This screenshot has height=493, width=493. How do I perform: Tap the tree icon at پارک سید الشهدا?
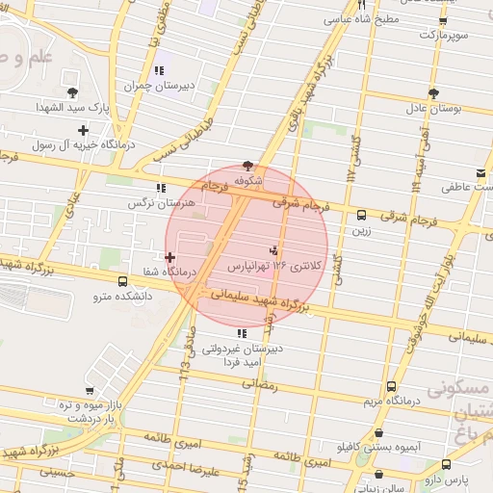tap(83, 93)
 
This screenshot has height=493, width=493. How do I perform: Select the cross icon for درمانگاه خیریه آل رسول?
tap(83, 130)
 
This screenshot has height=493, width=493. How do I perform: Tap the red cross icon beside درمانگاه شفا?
tap(169, 257)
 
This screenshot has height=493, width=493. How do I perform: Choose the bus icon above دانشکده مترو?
tap(121, 281)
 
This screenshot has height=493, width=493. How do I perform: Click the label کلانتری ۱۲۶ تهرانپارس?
tap(266, 264)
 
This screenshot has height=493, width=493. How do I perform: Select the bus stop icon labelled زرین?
tap(361, 215)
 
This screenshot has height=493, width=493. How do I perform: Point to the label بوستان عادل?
tap(433, 108)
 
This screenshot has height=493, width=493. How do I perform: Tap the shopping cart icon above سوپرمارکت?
tap(442, 20)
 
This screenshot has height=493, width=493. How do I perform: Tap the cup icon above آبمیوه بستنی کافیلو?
tap(378, 433)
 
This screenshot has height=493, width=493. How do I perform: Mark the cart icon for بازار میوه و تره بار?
tap(90, 391)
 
